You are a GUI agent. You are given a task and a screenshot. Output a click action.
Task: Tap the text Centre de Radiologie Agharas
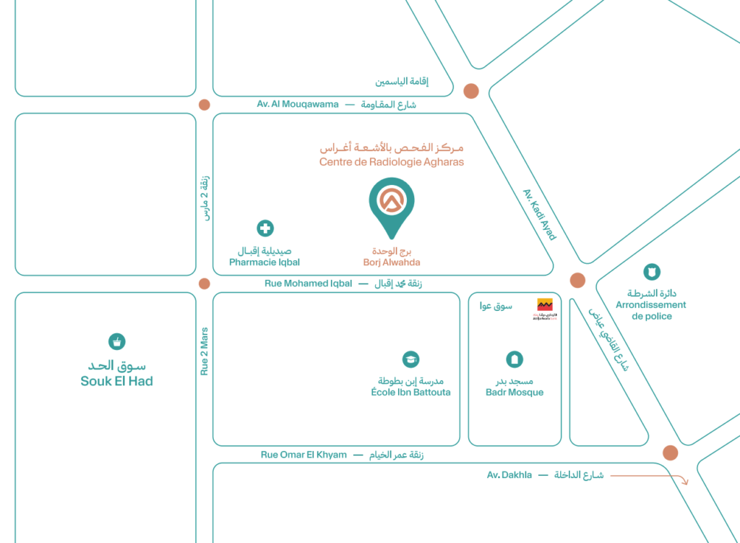coord(392,162)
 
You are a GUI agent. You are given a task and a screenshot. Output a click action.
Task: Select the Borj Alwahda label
coord(392,262)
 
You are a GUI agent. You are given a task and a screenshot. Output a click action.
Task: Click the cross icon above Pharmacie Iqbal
coord(265,228)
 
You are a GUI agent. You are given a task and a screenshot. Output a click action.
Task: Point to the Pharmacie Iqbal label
coord(264,262)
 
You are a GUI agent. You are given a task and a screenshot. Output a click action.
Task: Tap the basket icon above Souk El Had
coord(116,341)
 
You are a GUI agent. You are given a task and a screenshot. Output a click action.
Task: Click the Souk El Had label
coord(116,381)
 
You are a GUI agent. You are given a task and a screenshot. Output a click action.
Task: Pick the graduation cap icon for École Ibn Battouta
coord(410,359)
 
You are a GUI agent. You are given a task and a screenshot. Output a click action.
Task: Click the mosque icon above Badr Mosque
coord(514,359)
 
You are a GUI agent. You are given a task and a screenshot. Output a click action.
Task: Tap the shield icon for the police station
coord(651,272)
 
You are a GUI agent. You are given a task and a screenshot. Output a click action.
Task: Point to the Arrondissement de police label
coord(650,310)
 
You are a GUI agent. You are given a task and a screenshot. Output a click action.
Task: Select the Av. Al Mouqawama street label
coord(298,104)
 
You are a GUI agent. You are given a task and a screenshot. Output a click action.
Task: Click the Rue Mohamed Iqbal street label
coord(308,283)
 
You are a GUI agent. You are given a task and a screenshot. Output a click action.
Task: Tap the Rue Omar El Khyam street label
coord(304,455)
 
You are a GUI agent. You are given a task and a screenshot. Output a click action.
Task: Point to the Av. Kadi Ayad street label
coord(539,214)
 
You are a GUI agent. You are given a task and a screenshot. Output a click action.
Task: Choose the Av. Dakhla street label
coord(509,475)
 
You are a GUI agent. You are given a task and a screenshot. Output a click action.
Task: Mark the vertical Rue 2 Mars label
coord(205,351)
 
